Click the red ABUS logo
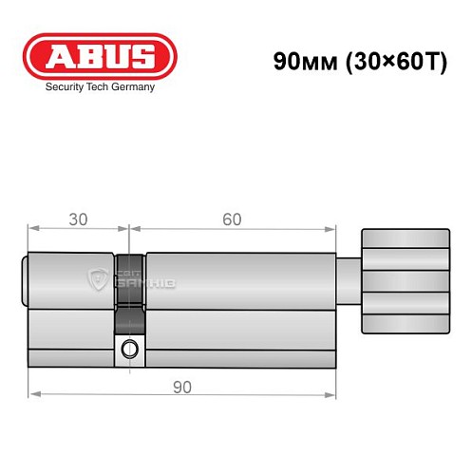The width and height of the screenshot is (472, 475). point(99,56)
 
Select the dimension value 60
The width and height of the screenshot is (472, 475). point(231,218)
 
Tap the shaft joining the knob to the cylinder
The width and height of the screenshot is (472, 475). point(350,279)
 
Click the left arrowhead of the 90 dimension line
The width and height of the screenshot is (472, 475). point(32,393)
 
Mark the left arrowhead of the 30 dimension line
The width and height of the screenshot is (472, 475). point(32,228)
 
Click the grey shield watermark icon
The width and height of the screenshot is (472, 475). point(98,278)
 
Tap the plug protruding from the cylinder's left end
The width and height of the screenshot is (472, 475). point(25,280)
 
